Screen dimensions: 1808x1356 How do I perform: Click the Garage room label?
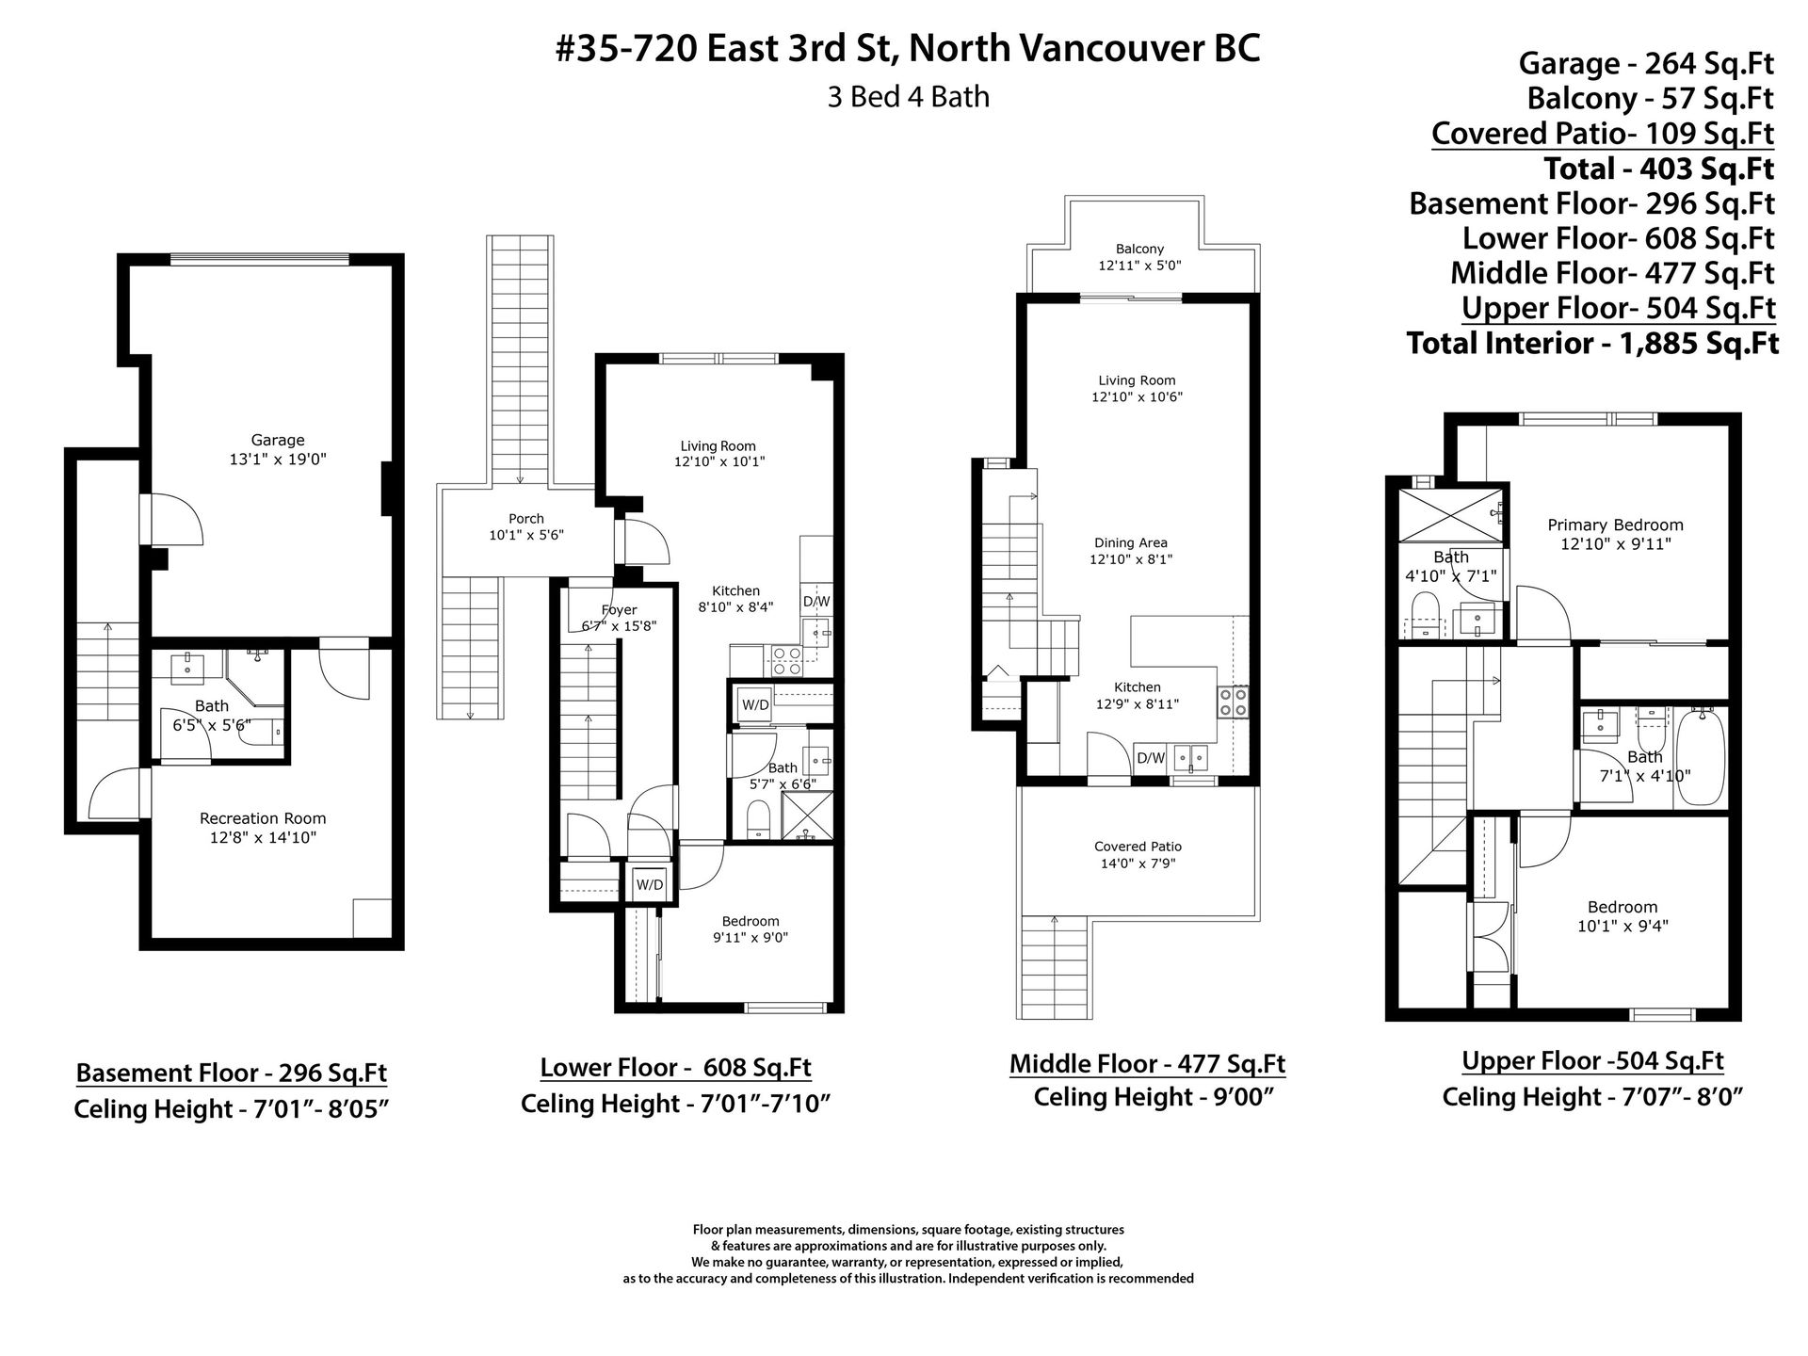point(278,440)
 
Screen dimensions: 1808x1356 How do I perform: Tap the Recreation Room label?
point(263,818)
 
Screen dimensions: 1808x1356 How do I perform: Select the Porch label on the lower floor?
point(526,519)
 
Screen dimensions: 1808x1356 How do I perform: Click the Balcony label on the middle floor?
point(1139,249)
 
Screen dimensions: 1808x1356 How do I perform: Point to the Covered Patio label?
point(1138,847)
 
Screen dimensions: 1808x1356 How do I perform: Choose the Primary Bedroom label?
point(1615,525)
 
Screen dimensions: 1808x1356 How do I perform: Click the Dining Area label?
point(1131,542)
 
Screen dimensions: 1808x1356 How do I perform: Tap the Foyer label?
point(619,610)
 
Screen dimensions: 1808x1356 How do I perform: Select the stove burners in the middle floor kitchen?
point(1234,702)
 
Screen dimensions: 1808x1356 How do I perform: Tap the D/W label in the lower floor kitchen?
point(815,602)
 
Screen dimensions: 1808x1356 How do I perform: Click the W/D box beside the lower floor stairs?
point(649,884)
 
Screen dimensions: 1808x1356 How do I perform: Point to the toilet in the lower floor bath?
point(759,819)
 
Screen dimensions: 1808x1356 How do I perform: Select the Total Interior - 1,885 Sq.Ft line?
point(1592,344)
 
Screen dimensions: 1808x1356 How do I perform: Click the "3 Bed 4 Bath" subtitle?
point(908,97)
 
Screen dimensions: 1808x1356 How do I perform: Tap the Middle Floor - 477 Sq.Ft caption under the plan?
point(1147,1064)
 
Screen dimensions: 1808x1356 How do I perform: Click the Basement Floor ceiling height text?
point(231,1109)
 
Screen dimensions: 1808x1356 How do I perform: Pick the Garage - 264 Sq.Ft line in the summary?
point(1646,63)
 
